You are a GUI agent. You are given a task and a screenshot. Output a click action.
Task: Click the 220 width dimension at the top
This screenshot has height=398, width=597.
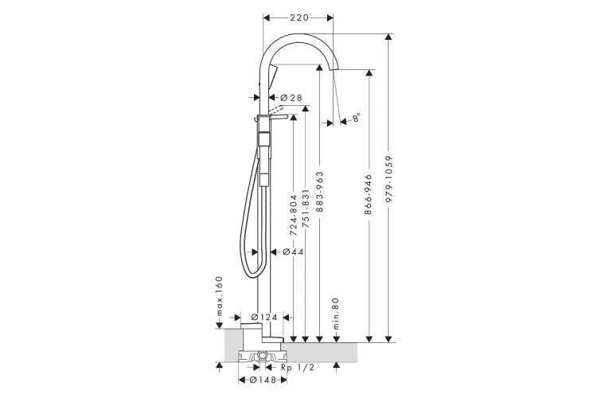298,17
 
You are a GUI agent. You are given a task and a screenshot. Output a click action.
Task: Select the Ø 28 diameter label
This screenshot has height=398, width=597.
291,97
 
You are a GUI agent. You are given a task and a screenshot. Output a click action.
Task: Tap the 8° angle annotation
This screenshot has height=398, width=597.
357,118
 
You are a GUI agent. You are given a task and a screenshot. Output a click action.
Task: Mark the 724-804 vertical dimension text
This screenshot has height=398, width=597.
293,217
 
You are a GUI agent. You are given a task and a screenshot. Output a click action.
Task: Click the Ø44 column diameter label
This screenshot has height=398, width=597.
294,252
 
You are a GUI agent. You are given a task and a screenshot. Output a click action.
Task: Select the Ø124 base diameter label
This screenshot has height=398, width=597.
264,317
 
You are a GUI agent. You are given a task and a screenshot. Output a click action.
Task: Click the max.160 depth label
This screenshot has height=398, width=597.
220,295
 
